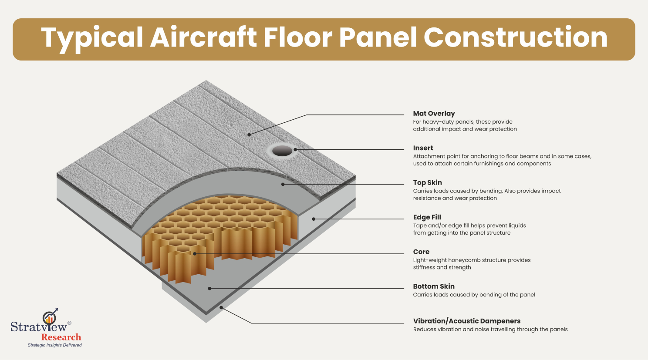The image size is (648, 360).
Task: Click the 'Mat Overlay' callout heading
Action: [434, 114]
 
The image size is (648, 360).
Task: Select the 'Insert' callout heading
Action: [423, 148]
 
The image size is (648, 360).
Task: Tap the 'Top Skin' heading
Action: [427, 183]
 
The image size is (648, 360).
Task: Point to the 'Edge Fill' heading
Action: [427, 218]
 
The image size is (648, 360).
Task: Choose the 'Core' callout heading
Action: [421, 252]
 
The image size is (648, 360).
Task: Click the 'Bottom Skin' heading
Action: [434, 286]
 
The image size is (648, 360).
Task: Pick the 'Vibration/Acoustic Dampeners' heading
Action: [466, 321]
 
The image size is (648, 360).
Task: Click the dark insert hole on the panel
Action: [282, 151]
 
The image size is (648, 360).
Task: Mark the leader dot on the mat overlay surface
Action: [249, 135]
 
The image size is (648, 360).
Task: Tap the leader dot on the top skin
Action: [283, 184]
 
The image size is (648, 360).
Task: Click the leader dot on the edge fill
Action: [314, 219]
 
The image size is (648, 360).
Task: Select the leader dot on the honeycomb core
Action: [195, 254]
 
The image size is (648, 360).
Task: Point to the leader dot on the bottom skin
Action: [210, 289]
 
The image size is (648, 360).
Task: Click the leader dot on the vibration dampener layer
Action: [221, 308]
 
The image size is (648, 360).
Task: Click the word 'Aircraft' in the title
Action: [203, 37]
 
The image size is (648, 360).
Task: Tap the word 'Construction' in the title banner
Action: [516, 37]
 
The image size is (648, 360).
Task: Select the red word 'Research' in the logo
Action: [61, 337]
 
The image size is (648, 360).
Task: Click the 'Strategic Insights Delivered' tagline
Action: [55, 345]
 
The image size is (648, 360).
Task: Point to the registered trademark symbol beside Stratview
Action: [69, 323]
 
